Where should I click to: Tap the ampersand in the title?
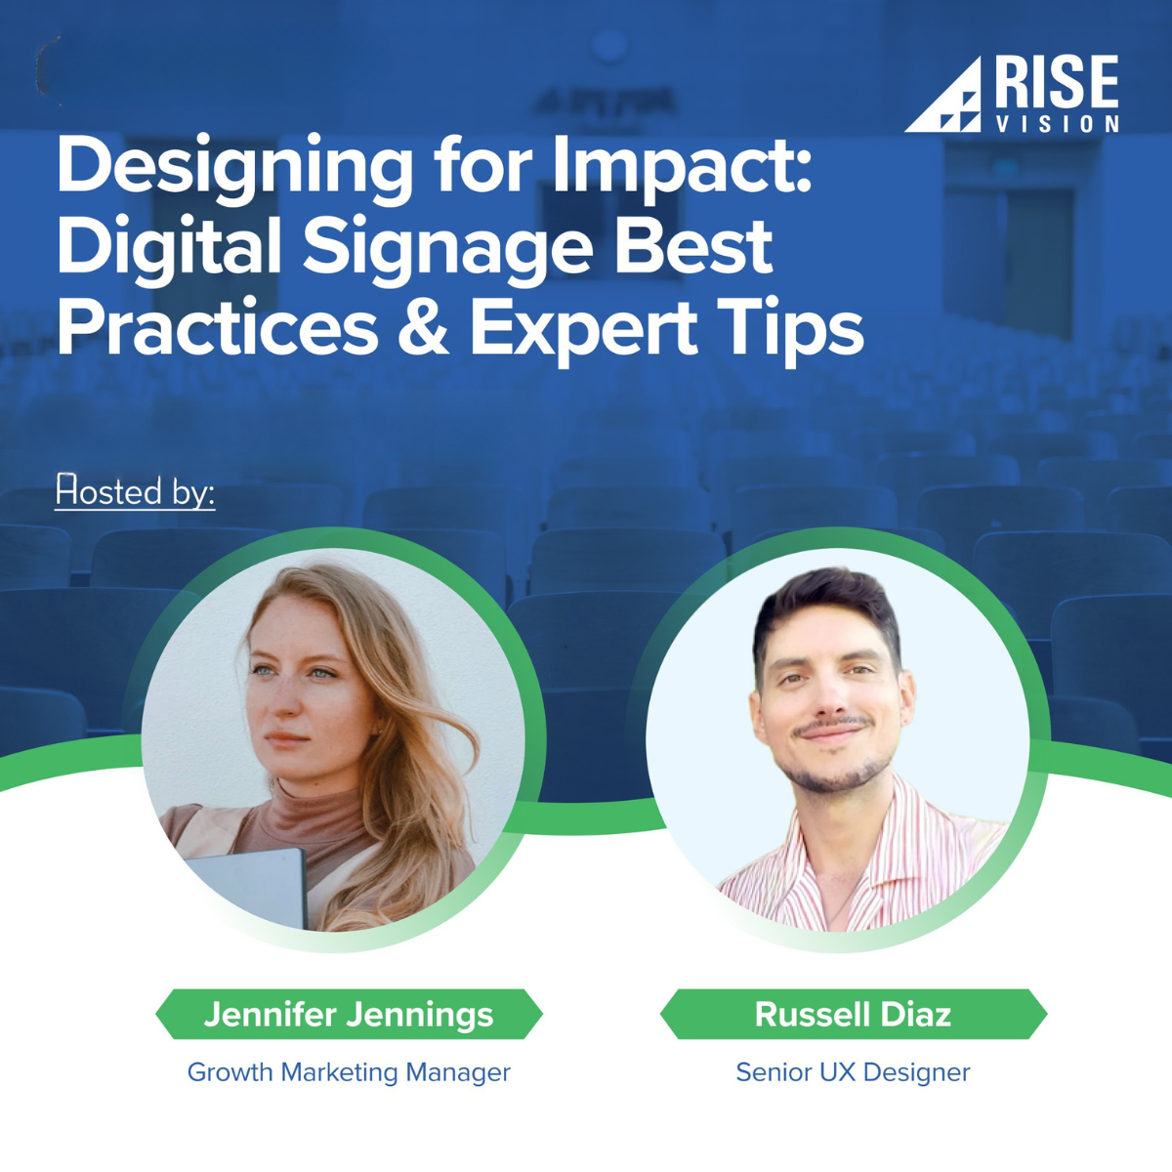(423, 329)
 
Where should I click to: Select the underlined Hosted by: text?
(135, 490)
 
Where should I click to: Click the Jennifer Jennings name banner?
(349, 1014)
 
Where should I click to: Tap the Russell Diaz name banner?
(853, 1014)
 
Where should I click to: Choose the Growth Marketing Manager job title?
(349, 1071)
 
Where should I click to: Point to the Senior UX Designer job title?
(853, 1071)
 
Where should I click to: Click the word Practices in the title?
(217, 329)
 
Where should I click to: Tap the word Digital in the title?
(169, 247)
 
